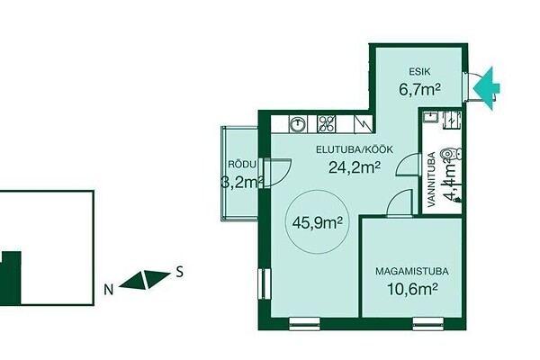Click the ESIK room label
[419, 72]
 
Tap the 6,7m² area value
[419, 90]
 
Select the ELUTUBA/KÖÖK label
[355, 150]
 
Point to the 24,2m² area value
[355, 167]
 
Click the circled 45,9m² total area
[317, 222]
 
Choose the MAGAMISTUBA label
[412, 272]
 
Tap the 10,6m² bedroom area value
[412, 289]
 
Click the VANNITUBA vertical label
[431, 179]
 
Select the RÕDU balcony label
[242, 165]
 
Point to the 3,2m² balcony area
[241, 182]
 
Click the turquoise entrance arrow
[486, 88]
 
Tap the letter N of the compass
[109, 291]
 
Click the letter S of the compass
[179, 272]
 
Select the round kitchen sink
[298, 124]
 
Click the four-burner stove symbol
[326, 124]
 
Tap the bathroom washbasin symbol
[430, 116]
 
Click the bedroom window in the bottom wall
[428, 324]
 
